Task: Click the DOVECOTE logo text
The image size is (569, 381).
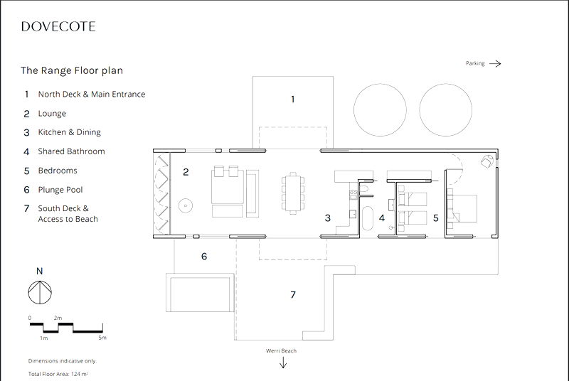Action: pyautogui.click(x=58, y=27)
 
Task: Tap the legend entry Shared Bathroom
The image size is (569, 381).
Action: pyautogui.click(x=71, y=151)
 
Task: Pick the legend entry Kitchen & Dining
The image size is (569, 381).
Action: pyautogui.click(x=69, y=132)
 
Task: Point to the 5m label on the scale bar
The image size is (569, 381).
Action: pyautogui.click(x=102, y=338)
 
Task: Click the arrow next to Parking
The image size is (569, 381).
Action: pyautogui.click(x=495, y=63)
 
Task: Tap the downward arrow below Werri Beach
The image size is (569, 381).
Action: pyautogui.click(x=283, y=363)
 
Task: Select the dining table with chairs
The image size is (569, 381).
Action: pyautogui.click(x=292, y=193)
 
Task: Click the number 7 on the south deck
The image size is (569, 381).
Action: pyautogui.click(x=292, y=294)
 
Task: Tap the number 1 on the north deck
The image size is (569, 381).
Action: pyautogui.click(x=292, y=100)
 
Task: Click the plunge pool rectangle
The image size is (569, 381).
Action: pyautogui.click(x=198, y=293)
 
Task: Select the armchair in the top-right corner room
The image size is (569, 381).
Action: pyautogui.click(x=486, y=161)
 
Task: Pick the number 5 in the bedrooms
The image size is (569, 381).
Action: pyautogui.click(x=435, y=218)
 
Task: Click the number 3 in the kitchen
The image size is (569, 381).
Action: pyautogui.click(x=327, y=218)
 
